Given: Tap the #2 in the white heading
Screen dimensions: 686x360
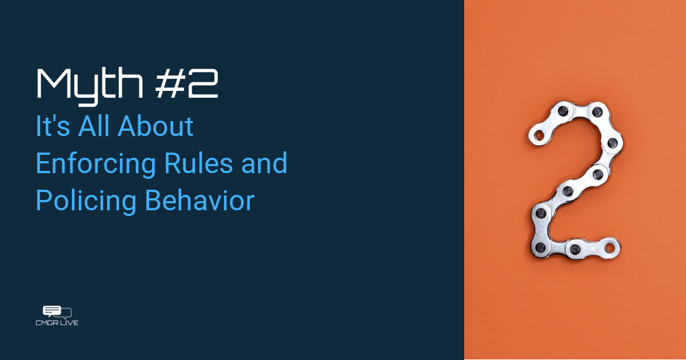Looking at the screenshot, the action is (x=186, y=83).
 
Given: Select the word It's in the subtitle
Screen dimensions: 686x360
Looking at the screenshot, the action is (x=53, y=126).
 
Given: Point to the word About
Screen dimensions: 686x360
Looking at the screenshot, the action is (x=155, y=126).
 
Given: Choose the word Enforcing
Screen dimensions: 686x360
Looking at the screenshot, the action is (x=96, y=165).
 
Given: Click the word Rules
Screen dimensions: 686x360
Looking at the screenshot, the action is (x=198, y=163).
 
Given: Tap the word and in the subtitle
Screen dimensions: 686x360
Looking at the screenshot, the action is (x=264, y=163).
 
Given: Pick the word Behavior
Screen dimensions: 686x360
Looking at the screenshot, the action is (x=200, y=200).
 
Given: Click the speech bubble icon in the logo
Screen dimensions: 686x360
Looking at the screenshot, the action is (x=57, y=311).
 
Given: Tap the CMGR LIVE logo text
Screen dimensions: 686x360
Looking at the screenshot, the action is (x=57, y=323).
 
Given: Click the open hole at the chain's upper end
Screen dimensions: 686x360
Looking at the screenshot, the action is (x=539, y=135).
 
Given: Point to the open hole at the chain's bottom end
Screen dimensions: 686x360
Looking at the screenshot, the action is (x=609, y=248).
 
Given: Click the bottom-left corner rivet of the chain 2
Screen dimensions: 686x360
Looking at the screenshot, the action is (x=541, y=247).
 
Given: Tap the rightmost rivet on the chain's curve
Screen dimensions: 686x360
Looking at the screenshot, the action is (x=612, y=143).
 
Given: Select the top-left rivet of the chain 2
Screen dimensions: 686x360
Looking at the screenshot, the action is (x=563, y=111).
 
